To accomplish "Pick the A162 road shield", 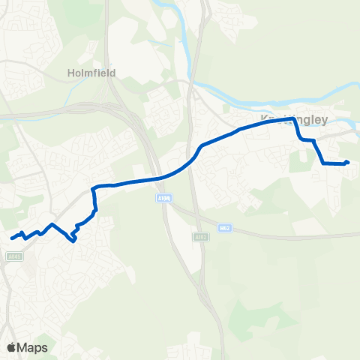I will point(199,237).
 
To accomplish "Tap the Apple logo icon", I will point(10,348).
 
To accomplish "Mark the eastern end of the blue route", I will point(348,163).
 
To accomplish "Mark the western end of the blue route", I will point(12,238).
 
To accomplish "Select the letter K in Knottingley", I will point(262,118).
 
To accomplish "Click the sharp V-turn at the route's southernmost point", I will point(73,241).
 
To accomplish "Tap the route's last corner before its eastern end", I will point(323,163).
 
